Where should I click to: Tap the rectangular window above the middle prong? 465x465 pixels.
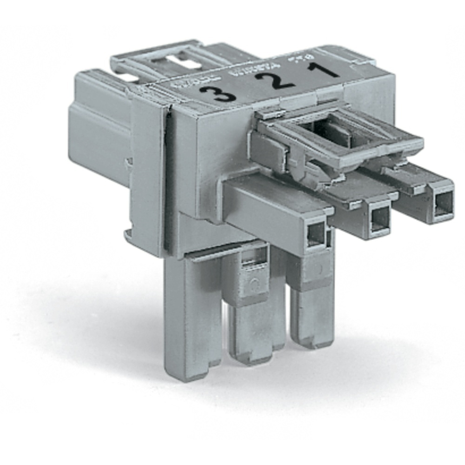pos(255,256)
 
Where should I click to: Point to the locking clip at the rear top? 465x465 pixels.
pos(158,63)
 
